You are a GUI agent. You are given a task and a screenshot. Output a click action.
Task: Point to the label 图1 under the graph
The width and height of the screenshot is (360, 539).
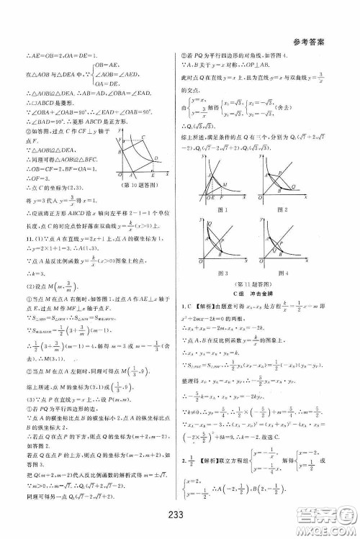pyautogui.click(x=221, y=209)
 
